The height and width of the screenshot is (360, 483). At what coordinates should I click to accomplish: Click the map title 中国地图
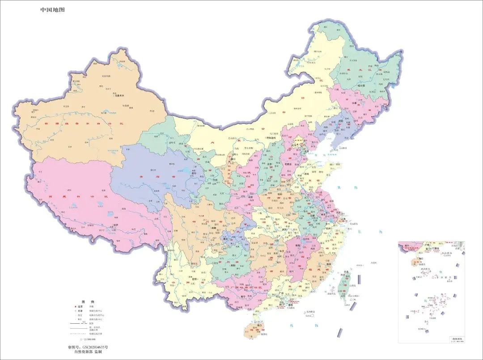[x=52, y=9]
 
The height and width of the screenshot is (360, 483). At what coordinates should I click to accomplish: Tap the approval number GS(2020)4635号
[x=88, y=347]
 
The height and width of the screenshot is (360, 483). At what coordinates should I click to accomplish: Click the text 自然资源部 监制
[x=88, y=352]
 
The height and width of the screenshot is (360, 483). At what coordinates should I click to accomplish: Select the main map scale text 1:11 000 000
[x=88, y=339]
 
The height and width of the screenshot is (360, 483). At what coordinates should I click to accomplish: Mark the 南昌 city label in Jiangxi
[x=296, y=246]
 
